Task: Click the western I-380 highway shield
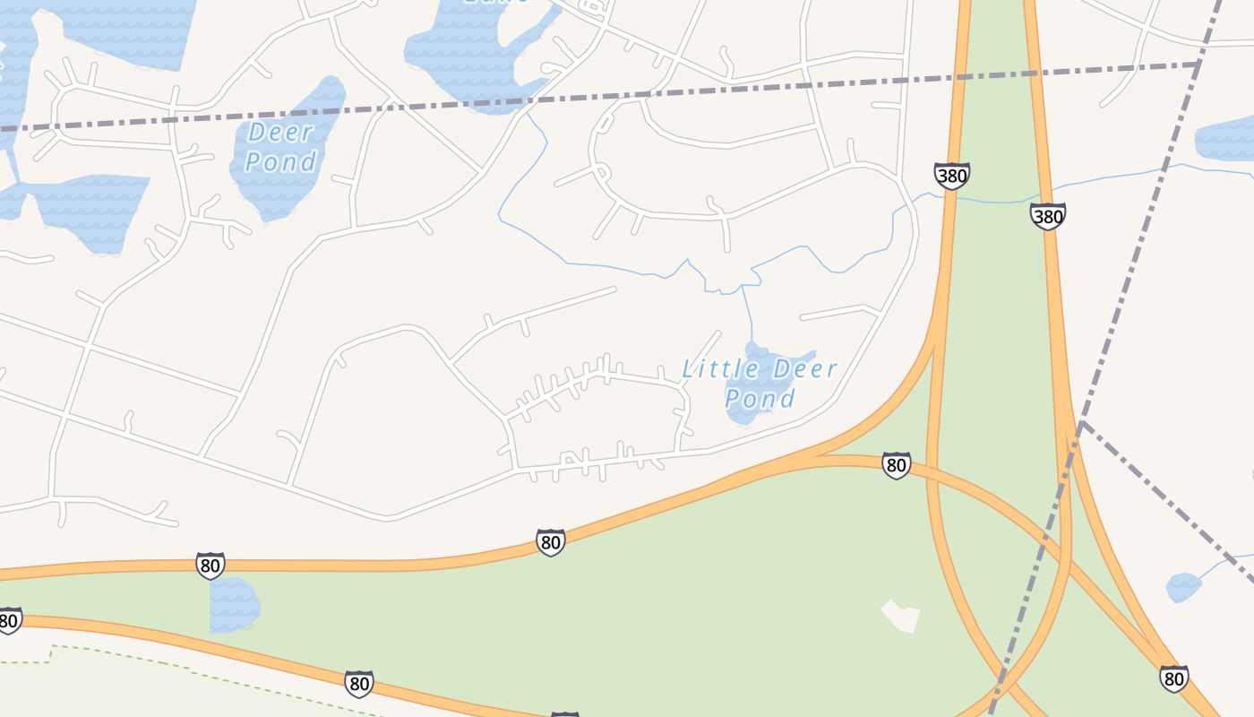coord(951,176)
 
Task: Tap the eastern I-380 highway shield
coord(1047,216)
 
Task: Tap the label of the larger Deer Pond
coord(280,147)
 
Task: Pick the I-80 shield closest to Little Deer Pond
coord(896,465)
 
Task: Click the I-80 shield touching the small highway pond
coord(210,566)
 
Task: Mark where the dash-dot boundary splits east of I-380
coord(1082,422)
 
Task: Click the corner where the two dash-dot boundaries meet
coord(1198,65)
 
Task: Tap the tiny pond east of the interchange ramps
coord(1183,587)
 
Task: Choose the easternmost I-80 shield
coord(1173,678)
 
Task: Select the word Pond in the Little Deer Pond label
coord(760,399)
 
